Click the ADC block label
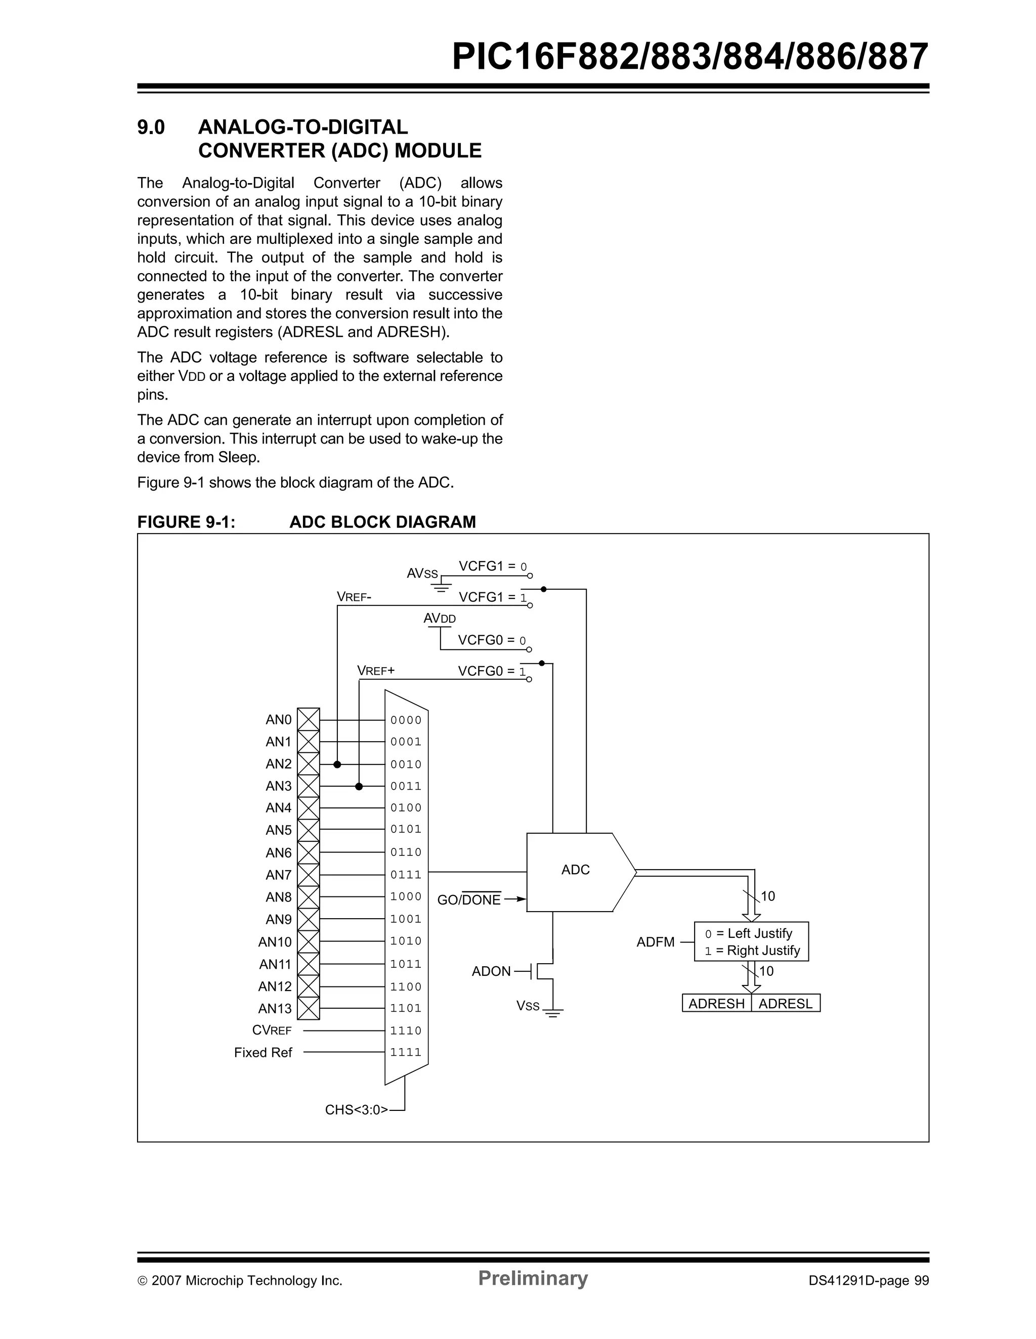point(575,870)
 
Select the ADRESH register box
point(716,1004)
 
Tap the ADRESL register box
point(785,1004)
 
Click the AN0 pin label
point(278,720)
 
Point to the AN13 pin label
point(275,1009)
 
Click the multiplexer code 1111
point(406,1052)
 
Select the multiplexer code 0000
point(406,720)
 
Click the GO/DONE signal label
point(469,900)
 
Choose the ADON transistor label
point(491,971)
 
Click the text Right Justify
point(763,951)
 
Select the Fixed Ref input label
point(263,1052)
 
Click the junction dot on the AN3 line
point(359,787)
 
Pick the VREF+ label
point(376,671)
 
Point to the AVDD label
point(440,619)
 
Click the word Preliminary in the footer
point(533,1278)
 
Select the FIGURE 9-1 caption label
point(186,522)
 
